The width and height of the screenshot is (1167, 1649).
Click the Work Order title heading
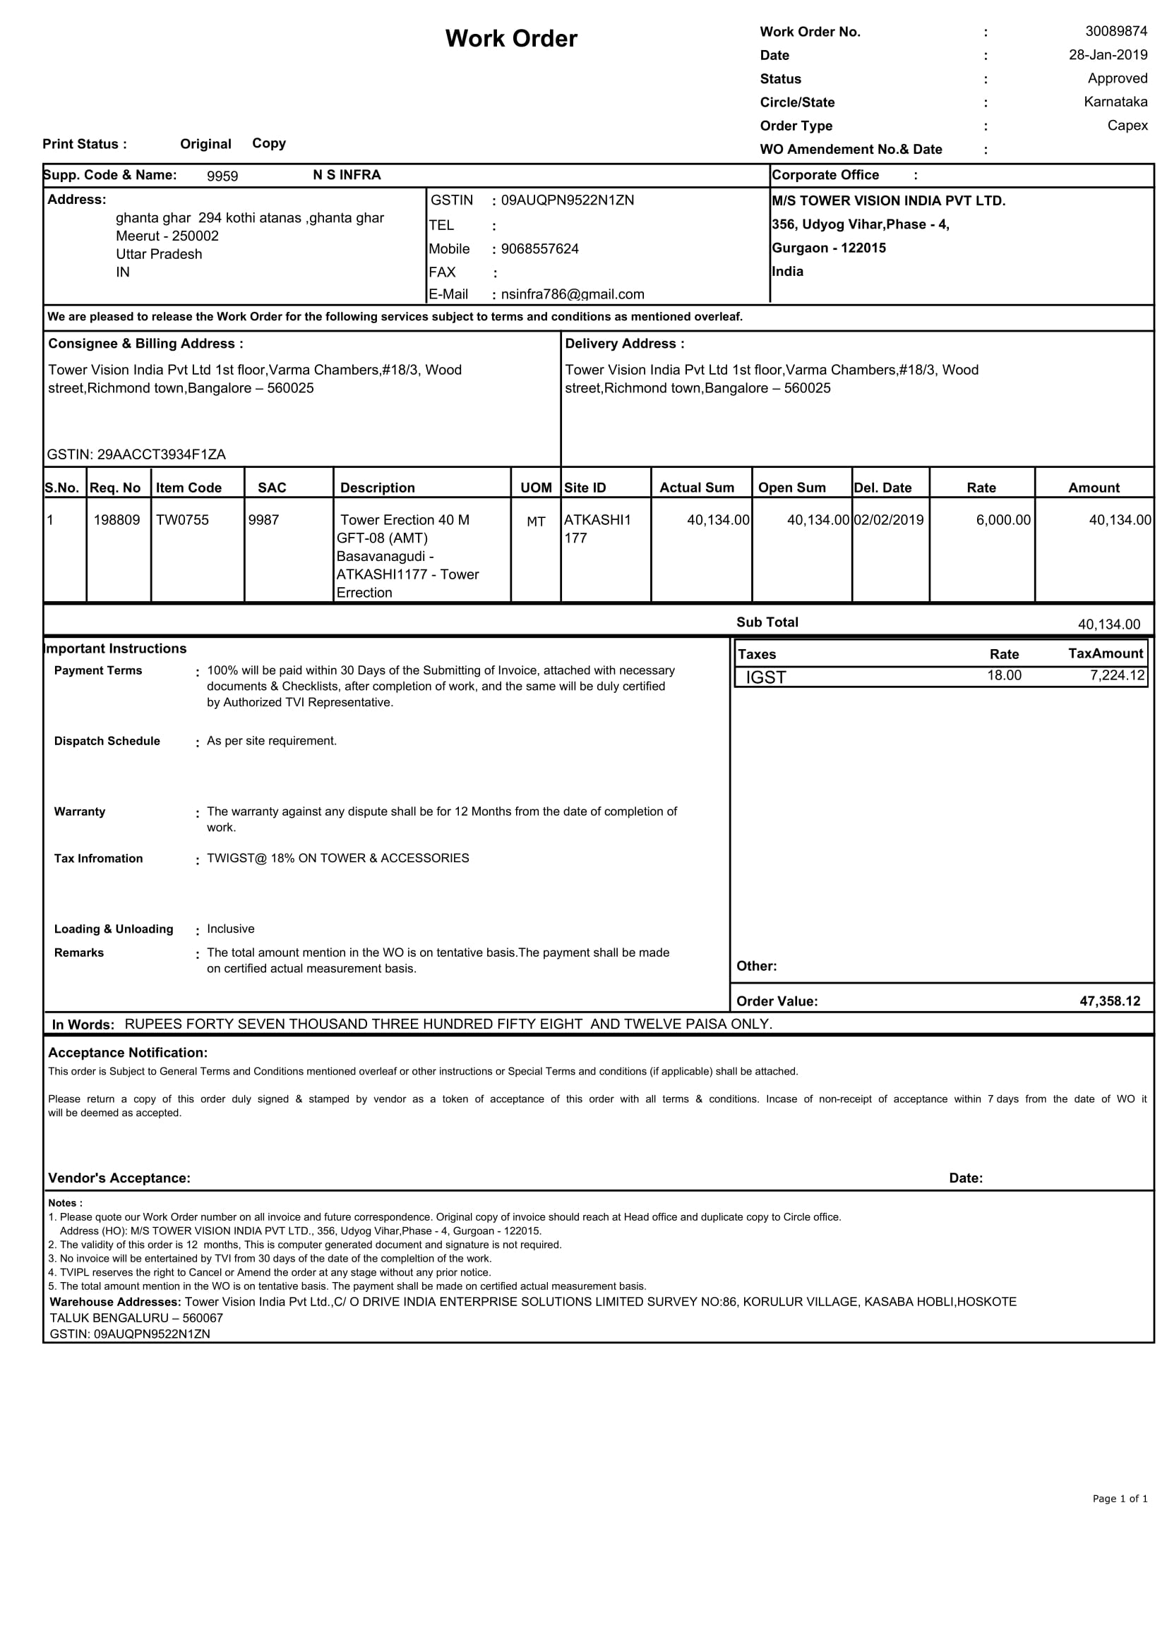coord(511,39)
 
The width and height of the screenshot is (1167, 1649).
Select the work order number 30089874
coord(1116,32)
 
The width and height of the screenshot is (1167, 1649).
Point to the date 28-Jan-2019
coord(1108,55)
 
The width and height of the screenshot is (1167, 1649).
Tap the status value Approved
coord(1117,78)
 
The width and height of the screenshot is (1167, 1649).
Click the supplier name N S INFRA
coord(347,175)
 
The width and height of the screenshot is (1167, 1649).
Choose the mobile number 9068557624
coord(539,249)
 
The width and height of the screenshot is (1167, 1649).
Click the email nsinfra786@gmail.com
coord(572,294)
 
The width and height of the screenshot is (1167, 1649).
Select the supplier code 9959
coord(222,176)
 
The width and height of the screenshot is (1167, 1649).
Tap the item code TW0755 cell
coord(183,520)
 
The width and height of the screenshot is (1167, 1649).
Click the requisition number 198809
coord(116,520)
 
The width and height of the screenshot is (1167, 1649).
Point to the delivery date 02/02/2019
coord(888,520)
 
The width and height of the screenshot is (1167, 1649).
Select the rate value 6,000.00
coord(1003,520)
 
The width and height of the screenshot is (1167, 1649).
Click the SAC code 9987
coord(263,520)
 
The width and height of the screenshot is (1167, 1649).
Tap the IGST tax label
coord(765,677)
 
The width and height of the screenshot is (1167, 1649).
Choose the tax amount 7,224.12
coord(1117,675)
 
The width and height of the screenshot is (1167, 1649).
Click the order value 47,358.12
coord(1110,1001)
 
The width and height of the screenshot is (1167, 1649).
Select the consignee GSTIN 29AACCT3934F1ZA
coord(136,454)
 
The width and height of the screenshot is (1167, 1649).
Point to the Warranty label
coord(80,811)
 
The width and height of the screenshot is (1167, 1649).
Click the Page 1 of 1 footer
coord(1120,1499)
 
